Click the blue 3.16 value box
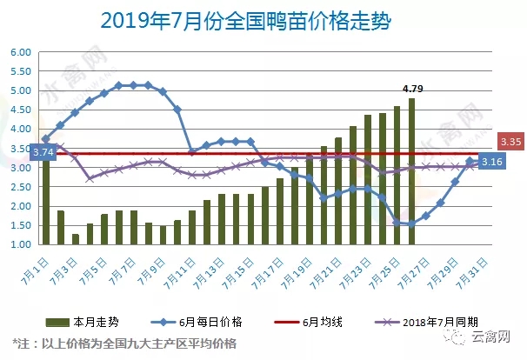pyautogui.click(x=492, y=162)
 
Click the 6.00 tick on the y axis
pyautogui.click(x=20, y=52)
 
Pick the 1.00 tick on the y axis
pyautogui.click(x=20, y=244)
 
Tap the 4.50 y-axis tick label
pyautogui.click(x=20, y=110)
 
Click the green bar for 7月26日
pyautogui.click(x=411, y=174)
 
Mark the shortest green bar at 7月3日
pyautogui.click(x=76, y=239)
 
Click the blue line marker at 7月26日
pyautogui.click(x=411, y=223)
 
